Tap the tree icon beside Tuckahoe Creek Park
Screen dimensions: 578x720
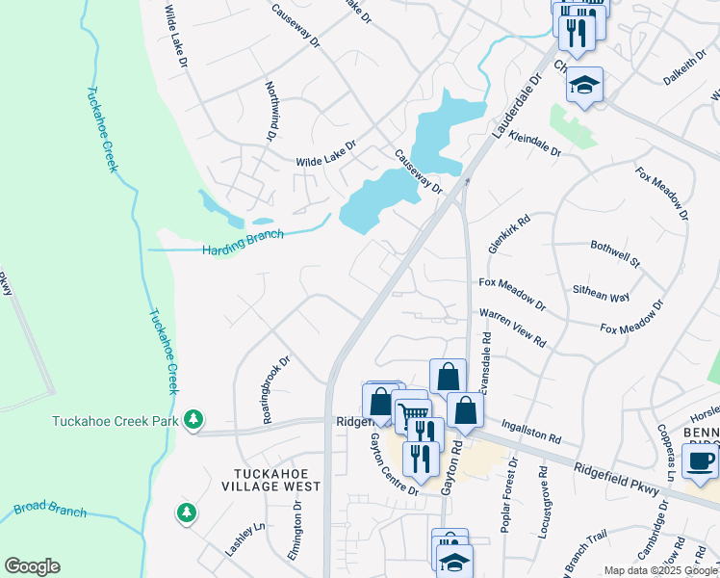click(194, 419)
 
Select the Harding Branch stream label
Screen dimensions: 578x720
click(243, 242)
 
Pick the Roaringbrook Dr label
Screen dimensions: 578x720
click(274, 389)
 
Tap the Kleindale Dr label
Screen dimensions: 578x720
click(534, 143)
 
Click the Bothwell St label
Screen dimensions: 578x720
click(615, 252)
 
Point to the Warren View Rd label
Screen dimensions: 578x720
click(512, 328)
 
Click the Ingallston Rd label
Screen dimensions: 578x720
click(529, 430)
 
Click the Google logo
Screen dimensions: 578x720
click(32, 566)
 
